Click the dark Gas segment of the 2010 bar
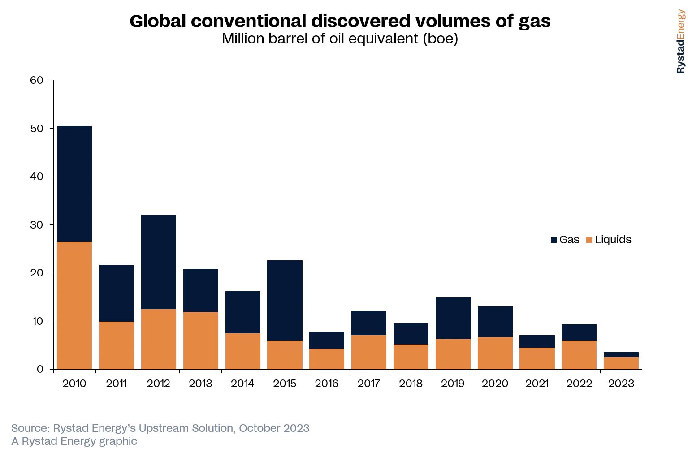tap(74, 184)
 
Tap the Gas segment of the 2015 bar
tap(285, 300)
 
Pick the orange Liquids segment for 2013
tap(201, 341)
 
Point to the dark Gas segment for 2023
tap(621, 354)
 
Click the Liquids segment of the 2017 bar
tap(369, 352)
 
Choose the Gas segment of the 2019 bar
tap(453, 318)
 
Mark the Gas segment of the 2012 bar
tap(159, 262)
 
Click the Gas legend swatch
tap(554, 240)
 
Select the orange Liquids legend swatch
tap(589, 240)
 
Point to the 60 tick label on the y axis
tap(37, 80)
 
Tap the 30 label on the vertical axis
tap(37, 225)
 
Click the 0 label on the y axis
tap(40, 369)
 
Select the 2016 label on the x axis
tap(326, 384)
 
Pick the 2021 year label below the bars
tap(537, 384)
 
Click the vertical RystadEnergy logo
tap(680, 41)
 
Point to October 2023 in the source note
tap(274, 428)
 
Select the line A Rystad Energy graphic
tap(74, 441)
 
